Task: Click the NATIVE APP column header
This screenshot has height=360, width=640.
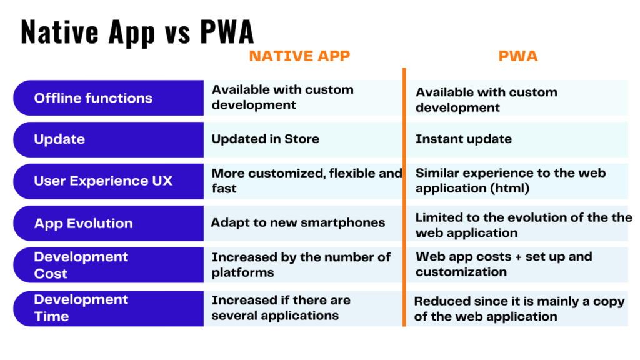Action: [x=299, y=56]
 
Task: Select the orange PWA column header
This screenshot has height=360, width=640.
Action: [x=518, y=56]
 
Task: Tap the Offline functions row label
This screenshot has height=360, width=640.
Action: [x=93, y=98]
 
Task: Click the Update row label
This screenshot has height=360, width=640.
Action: [x=59, y=139]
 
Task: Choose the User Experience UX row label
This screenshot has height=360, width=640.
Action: [x=103, y=181]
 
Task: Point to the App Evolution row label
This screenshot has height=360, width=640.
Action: [x=84, y=223]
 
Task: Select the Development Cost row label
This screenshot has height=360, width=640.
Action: [x=81, y=265]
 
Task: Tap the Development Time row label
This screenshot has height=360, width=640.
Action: [x=81, y=307]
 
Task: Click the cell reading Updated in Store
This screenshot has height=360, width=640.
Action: [x=265, y=139]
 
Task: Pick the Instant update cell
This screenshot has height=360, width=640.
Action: [x=464, y=139]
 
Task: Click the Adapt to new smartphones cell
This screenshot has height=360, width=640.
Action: [x=298, y=222]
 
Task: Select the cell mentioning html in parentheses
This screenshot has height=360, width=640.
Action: [x=511, y=181]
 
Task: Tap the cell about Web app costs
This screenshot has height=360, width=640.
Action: [x=504, y=264]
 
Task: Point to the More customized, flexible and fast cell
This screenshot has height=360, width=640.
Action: [x=307, y=181]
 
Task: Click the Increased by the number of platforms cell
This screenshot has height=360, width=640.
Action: [x=301, y=265]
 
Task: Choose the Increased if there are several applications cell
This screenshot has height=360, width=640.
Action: [x=281, y=307]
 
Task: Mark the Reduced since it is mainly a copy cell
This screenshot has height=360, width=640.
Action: [x=519, y=309]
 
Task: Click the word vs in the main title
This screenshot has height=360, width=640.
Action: [x=178, y=34]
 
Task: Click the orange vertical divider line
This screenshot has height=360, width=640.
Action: [x=404, y=197]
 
